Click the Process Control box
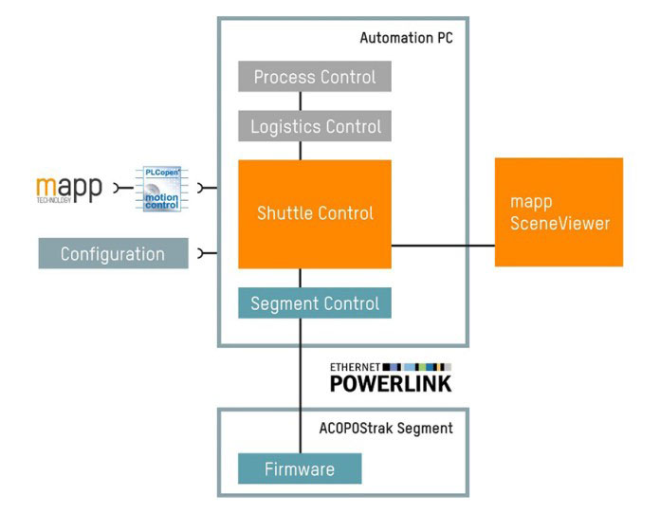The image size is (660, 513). (315, 77)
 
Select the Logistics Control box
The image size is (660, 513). (315, 126)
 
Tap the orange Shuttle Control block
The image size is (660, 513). (315, 213)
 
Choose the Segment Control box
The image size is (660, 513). (315, 303)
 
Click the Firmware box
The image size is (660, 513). (300, 468)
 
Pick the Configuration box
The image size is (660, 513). (113, 253)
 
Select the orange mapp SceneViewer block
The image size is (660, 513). (559, 212)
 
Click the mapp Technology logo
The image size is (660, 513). (68, 189)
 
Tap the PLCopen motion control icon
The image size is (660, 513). (166, 188)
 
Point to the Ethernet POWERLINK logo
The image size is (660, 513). (391, 377)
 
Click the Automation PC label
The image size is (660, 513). (407, 39)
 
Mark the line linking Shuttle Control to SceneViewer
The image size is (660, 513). (443, 246)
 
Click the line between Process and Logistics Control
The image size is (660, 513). (301, 101)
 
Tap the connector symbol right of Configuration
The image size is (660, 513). (202, 253)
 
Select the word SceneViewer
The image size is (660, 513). (559, 224)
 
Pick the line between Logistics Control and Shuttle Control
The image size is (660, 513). (301, 151)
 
